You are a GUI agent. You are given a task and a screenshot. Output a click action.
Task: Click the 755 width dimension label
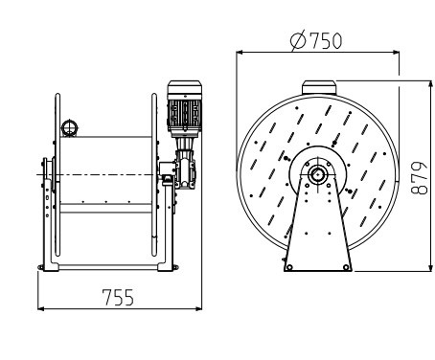tap(118, 297)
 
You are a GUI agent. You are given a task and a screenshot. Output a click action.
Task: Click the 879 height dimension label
tap(419, 178)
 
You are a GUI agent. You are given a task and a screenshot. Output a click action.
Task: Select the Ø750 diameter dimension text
tap(316, 40)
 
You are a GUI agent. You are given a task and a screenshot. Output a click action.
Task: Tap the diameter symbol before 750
tap(298, 41)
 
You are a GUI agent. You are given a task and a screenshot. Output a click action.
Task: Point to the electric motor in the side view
tap(185, 106)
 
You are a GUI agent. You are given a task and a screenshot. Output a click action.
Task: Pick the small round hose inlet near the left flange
tap(69, 128)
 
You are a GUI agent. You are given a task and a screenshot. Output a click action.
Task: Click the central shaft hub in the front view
tap(317, 174)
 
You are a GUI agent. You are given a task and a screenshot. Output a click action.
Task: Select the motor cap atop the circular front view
tap(319, 87)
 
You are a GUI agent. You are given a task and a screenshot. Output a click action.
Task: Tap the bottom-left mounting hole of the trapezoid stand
tap(289, 267)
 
